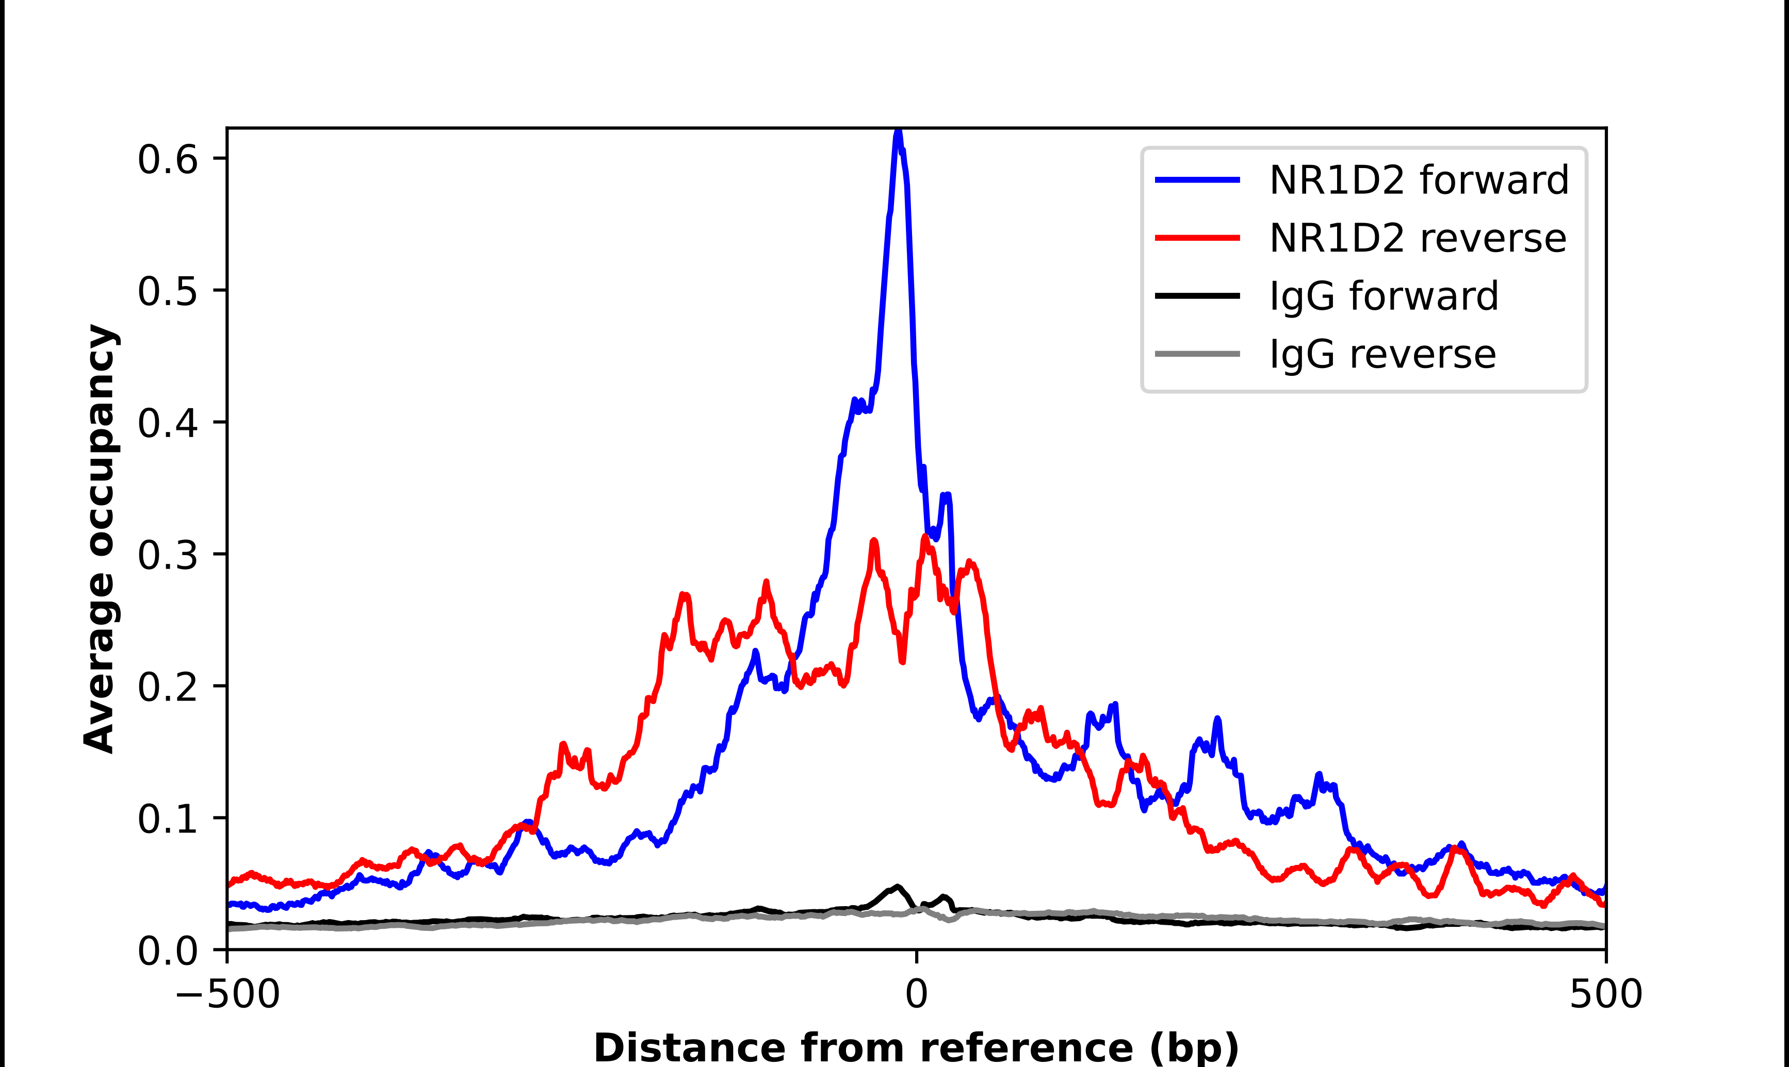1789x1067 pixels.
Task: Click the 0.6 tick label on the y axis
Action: tap(167, 160)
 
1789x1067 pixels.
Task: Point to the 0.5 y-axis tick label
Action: tap(167, 292)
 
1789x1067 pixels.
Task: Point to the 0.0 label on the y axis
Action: tap(167, 951)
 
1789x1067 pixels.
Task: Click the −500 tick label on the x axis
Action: tap(227, 994)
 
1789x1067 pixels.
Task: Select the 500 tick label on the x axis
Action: tap(1605, 994)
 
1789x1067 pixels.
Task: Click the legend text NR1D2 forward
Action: tap(1419, 180)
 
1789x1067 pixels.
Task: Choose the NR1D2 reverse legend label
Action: tap(1417, 238)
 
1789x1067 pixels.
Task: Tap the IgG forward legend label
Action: tap(1384, 296)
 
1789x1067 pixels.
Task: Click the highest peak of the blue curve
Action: tap(898, 132)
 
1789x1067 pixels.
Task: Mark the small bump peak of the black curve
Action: tap(897, 887)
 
